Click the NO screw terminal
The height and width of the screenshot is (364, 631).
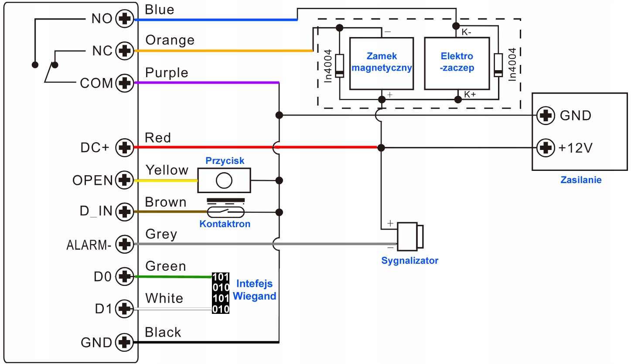coord(125,19)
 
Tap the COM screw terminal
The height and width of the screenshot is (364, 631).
coord(125,83)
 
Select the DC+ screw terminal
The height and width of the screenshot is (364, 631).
coord(125,147)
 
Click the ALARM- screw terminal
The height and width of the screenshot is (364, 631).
coord(125,244)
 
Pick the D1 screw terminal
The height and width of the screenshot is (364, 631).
coord(125,309)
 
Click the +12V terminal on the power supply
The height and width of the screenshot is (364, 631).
coord(546,148)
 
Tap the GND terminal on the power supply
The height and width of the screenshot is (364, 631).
coord(546,116)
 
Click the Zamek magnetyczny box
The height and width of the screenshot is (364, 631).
coord(382,64)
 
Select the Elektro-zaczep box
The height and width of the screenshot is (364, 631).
coord(457,64)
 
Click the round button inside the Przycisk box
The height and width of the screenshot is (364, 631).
coord(224,180)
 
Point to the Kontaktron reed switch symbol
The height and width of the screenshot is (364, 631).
coord(225,212)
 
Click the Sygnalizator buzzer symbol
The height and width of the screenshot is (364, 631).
coord(410,236)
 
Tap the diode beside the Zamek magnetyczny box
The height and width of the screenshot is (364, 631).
coord(340,66)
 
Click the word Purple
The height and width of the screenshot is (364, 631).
coord(167,73)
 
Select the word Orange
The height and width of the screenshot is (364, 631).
coord(170,40)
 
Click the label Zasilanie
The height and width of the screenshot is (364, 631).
coord(581,180)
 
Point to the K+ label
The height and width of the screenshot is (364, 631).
coord(470,95)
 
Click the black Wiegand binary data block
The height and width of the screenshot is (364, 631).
coord(221,293)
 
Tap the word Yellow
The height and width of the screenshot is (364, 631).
coord(167,170)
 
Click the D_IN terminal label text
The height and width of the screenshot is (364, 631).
coord(96,211)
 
